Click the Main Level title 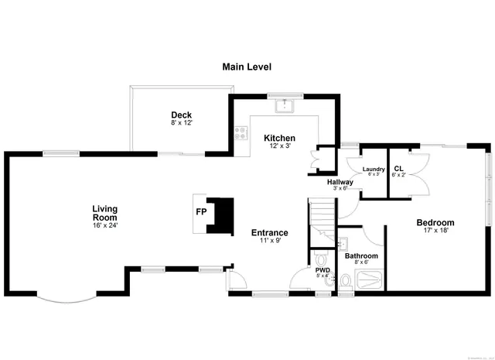[247, 67]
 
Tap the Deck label [182, 115]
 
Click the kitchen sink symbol [284, 103]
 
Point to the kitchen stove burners [241, 133]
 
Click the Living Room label [104, 212]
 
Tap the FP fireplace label [201, 211]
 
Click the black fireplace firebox [223, 214]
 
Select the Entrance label [270, 232]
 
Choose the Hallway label [340, 182]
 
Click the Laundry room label [374, 169]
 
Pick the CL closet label [398, 169]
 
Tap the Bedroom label [435, 222]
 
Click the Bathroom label [361, 255]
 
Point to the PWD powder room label [323, 270]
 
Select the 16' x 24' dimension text [104, 225]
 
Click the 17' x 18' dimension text [436, 230]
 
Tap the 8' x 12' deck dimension [182, 123]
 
